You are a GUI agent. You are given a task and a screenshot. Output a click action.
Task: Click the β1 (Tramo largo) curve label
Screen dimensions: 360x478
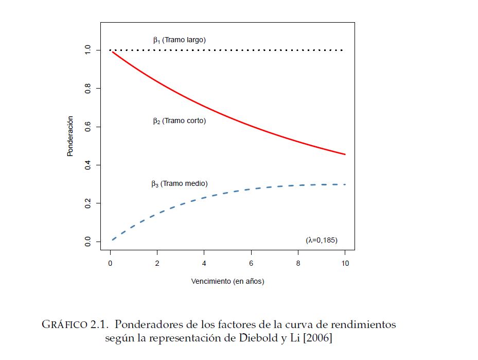coord(179,40)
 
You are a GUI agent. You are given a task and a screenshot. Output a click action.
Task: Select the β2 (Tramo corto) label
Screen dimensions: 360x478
coord(179,121)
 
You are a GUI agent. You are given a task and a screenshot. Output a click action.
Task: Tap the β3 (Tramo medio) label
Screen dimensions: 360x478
coord(179,183)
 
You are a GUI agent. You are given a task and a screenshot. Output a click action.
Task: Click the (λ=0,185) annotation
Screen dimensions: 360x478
coord(322,240)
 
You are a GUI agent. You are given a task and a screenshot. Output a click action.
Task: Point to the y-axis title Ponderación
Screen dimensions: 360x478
coord(70,136)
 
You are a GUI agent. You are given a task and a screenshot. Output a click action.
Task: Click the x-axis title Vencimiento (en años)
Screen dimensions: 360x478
coord(227,281)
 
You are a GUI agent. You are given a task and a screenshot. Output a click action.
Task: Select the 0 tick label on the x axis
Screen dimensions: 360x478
coord(110,263)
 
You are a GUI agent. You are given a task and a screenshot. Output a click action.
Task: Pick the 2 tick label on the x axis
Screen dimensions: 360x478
coord(157,263)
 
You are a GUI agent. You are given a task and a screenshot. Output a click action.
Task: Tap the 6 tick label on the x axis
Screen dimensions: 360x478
coord(251,263)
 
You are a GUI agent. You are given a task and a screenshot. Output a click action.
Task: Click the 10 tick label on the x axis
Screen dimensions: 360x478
coord(345,263)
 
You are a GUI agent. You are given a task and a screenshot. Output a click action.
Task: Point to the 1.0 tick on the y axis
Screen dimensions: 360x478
coord(88,50)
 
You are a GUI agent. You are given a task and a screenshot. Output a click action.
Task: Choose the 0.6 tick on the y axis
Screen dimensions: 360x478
coord(88,127)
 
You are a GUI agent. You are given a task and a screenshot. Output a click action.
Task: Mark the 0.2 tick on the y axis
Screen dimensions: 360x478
coord(88,203)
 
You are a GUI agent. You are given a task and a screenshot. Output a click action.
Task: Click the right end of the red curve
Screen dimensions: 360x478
coord(345,154)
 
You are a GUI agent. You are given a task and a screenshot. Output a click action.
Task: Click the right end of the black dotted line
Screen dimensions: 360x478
coord(343,50)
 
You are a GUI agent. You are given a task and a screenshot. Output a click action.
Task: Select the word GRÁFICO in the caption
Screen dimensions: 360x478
coord(60,325)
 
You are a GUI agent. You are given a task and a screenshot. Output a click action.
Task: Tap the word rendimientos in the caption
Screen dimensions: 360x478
coord(363,325)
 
